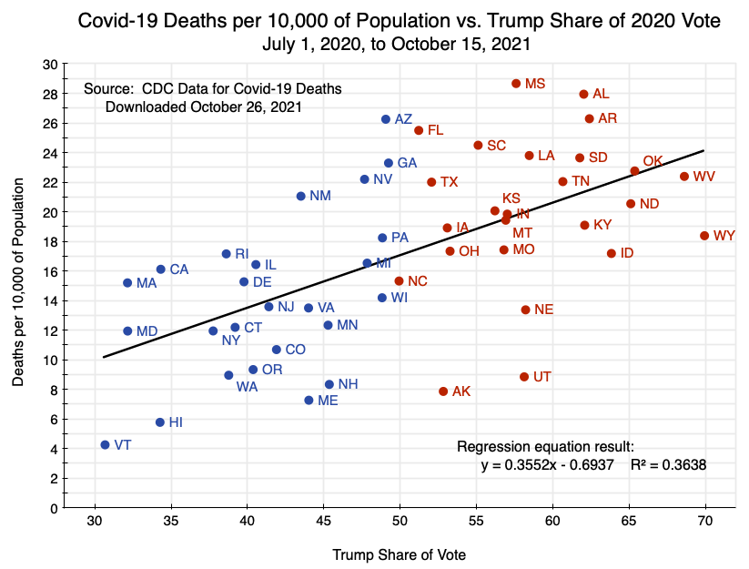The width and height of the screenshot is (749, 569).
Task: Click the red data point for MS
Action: pos(516,84)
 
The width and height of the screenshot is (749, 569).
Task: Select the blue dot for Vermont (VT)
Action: pos(105,445)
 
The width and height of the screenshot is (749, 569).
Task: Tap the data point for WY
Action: pos(704,236)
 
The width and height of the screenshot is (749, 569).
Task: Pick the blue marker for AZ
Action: pos(386,119)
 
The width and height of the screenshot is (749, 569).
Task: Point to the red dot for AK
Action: pos(443,391)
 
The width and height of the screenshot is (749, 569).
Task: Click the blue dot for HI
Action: pos(160,422)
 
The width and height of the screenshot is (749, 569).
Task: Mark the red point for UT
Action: pos(524,377)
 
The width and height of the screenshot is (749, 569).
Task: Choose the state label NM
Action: pos(320,196)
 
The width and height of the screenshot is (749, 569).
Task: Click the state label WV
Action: pos(703,177)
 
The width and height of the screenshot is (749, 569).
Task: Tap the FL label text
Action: pos(435,130)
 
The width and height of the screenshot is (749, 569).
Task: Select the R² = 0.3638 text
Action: pos(668,464)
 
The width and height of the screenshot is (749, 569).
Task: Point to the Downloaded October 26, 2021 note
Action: pos(204,107)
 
